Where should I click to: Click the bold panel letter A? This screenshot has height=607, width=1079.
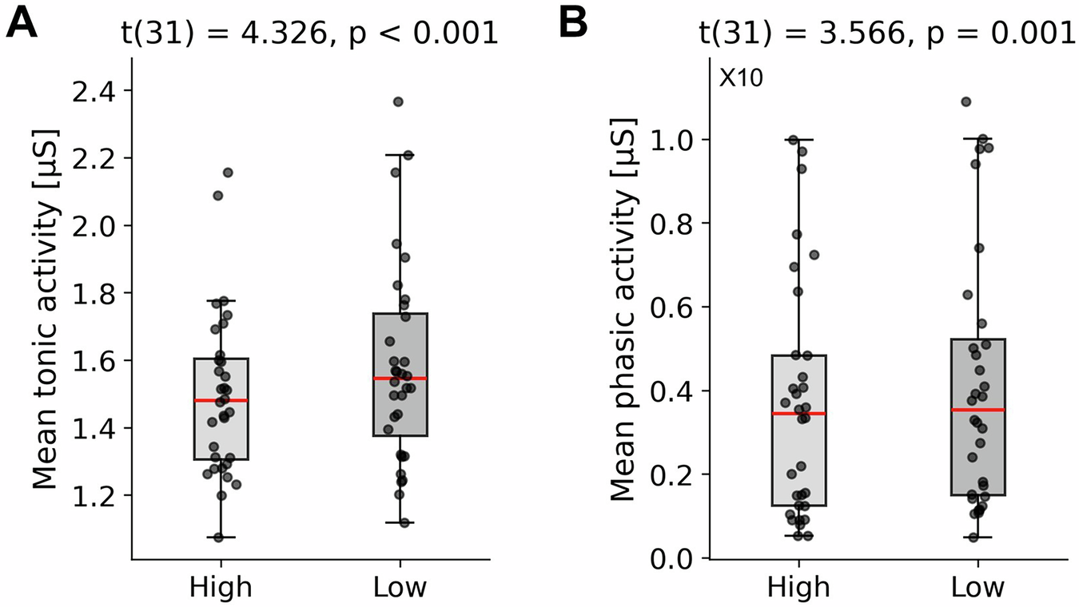tap(22, 26)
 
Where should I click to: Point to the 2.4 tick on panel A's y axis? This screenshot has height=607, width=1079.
tap(94, 90)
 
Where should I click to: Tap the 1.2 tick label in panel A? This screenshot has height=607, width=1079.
tap(94, 496)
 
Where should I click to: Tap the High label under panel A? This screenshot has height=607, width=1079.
tap(221, 588)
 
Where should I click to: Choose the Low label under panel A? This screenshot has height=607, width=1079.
tap(400, 588)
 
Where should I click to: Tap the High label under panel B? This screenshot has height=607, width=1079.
tap(798, 588)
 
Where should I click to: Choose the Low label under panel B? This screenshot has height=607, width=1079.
tap(978, 588)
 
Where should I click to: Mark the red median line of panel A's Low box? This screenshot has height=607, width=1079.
tap(400, 378)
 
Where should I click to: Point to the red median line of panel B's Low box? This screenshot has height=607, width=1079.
tap(978, 410)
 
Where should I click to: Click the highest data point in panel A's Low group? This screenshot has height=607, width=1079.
tap(398, 101)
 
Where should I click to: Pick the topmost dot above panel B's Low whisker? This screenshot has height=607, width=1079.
tap(966, 101)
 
